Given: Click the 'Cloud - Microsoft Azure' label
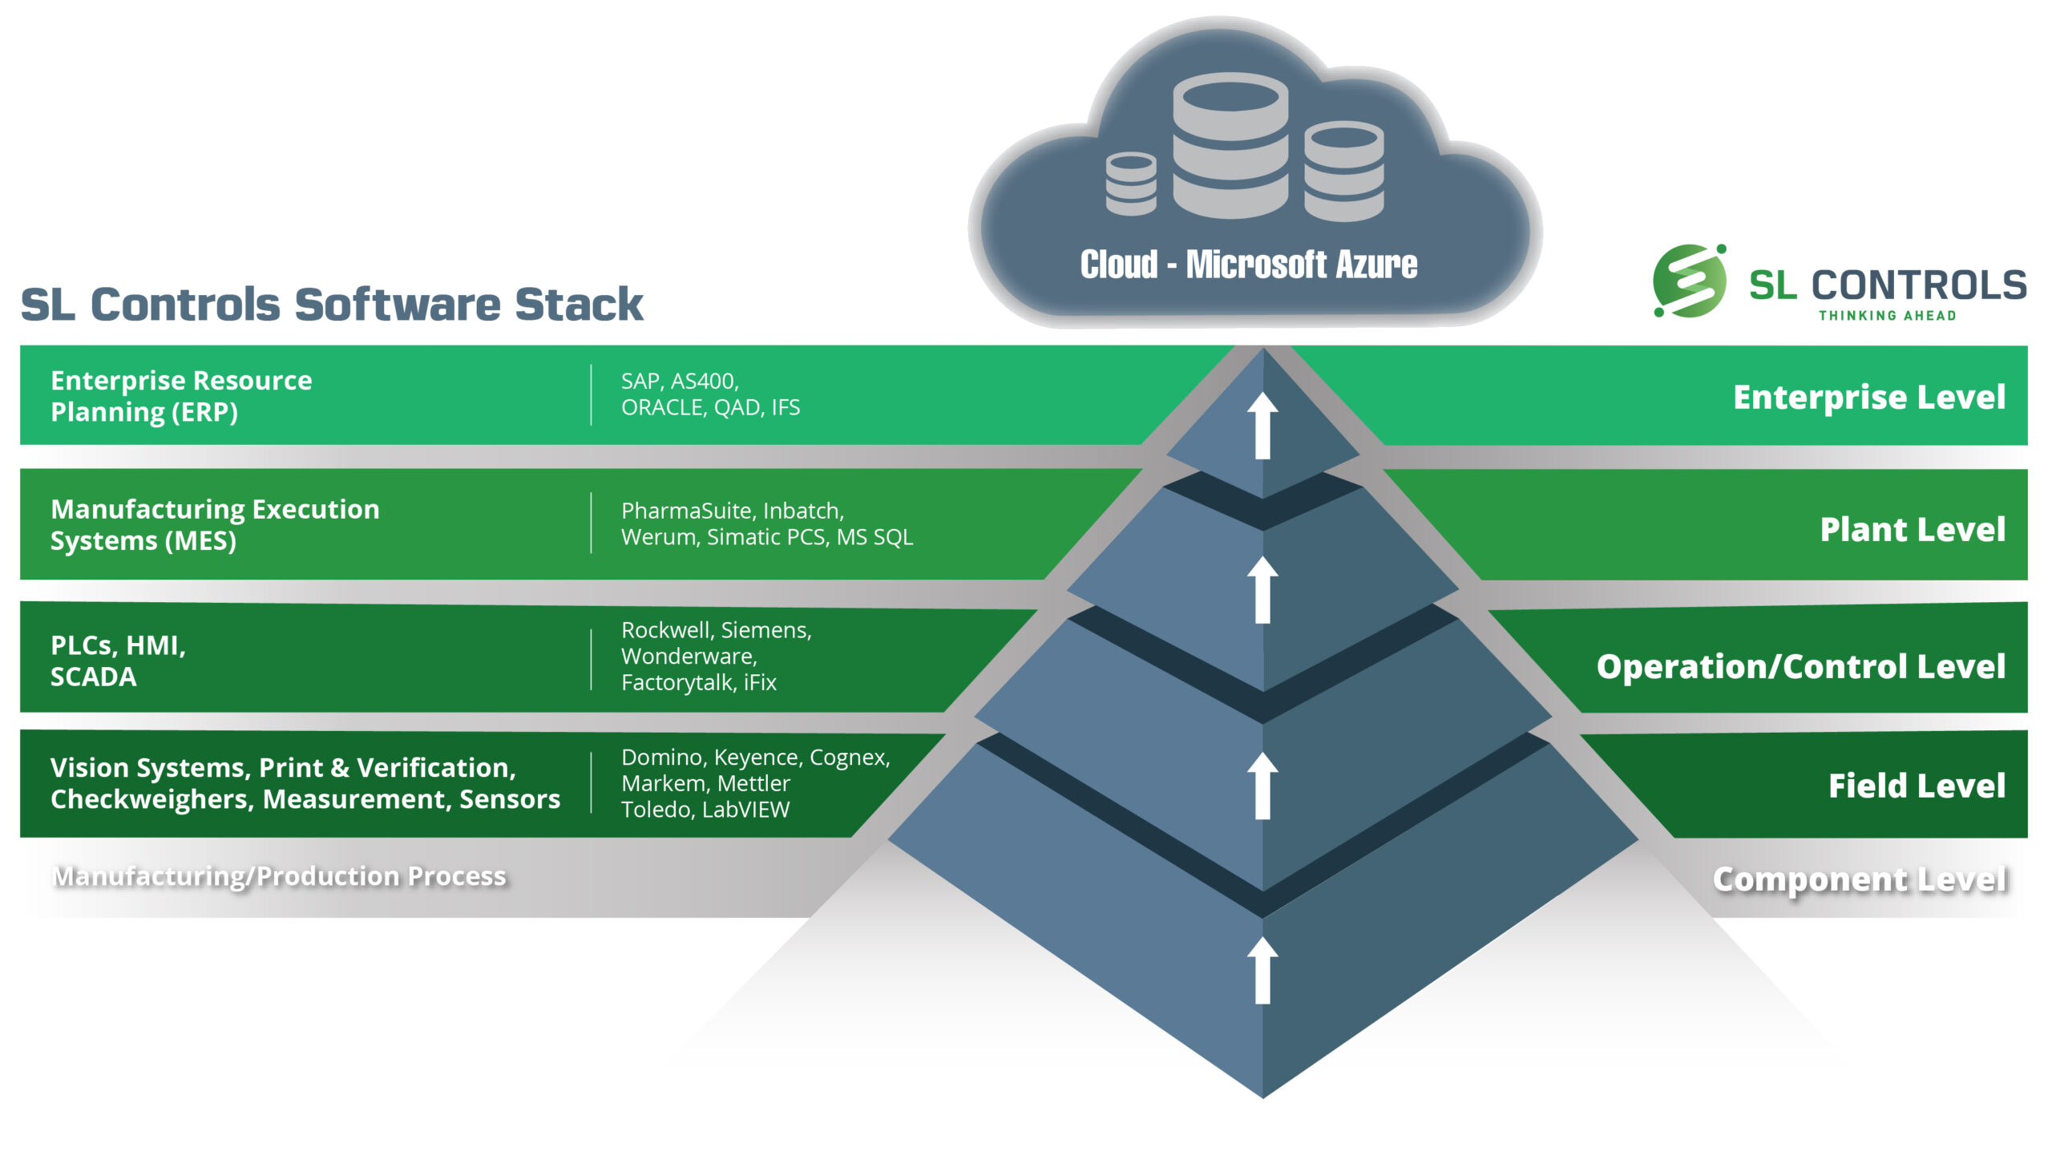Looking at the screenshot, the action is click(x=1248, y=265).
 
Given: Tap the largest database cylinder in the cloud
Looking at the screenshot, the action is click(x=1230, y=145).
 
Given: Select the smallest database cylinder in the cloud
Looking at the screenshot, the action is click(x=1131, y=184).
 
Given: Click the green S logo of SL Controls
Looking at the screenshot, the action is click(x=1690, y=281).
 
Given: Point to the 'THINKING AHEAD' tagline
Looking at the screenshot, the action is click(x=1888, y=316).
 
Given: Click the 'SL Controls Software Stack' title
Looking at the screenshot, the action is click(x=331, y=305).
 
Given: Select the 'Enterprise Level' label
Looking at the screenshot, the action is click(x=1869, y=397).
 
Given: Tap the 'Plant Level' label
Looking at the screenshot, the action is click(x=1913, y=529).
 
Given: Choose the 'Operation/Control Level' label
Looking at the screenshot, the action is click(x=1800, y=666).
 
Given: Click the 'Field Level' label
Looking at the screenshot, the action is click(x=1917, y=786).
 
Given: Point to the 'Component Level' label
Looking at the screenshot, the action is click(x=1860, y=879).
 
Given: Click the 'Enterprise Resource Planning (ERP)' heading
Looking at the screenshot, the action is click(x=181, y=396).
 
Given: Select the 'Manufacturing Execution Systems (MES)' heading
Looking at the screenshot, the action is click(x=215, y=525).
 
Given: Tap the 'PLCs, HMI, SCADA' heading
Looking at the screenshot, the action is click(x=118, y=661).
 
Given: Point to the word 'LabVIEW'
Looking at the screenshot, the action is click(x=745, y=810).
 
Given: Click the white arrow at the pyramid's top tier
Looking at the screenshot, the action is click(x=1262, y=425).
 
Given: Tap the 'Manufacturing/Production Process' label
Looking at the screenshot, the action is click(x=279, y=876).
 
